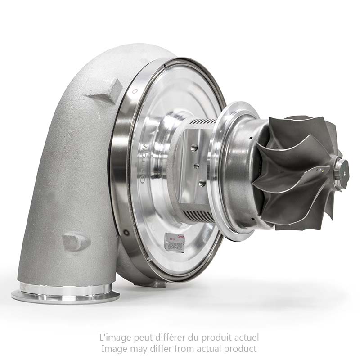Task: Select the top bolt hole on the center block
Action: (193, 147)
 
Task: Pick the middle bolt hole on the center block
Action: (197, 166)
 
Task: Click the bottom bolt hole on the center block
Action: (202, 183)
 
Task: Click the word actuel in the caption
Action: (247, 337)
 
